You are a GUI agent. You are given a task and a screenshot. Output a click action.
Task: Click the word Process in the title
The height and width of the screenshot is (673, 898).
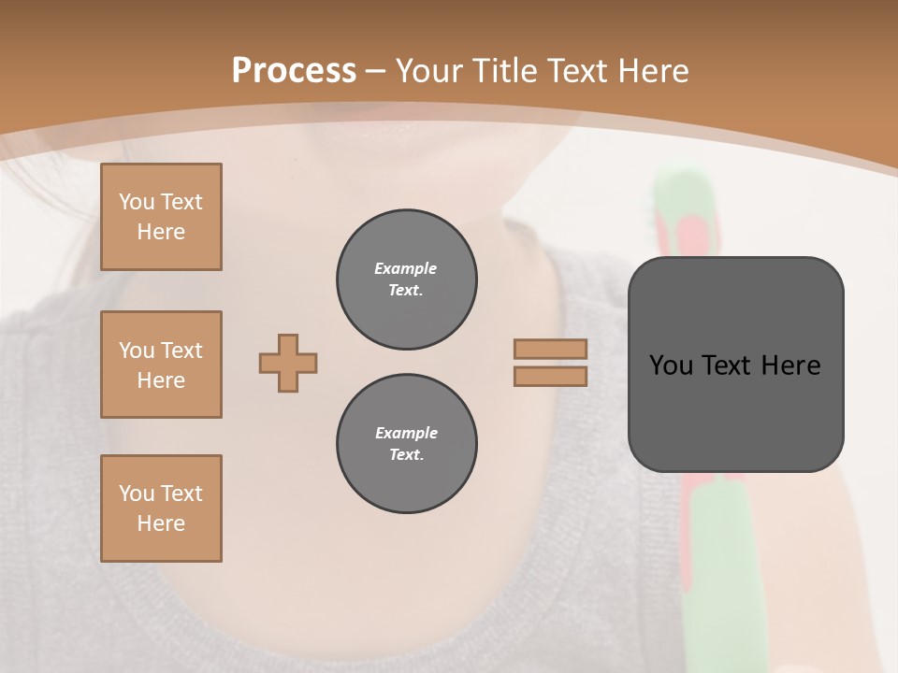(x=294, y=70)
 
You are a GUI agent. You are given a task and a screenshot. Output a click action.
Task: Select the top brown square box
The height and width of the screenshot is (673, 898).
(x=161, y=217)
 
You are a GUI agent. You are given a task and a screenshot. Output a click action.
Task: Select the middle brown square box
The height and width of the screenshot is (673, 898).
(x=161, y=365)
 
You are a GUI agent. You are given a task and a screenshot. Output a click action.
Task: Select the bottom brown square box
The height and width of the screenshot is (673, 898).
(x=161, y=508)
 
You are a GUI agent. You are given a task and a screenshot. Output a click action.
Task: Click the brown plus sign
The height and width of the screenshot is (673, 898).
(x=288, y=363)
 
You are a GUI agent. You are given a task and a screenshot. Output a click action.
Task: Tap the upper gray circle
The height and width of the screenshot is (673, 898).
(x=406, y=279)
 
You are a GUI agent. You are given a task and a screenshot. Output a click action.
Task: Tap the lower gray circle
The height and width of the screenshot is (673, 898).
(x=406, y=444)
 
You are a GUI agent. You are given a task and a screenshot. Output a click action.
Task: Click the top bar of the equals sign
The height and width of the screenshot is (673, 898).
(x=550, y=349)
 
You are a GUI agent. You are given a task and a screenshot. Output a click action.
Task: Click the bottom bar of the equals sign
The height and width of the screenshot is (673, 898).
(x=550, y=376)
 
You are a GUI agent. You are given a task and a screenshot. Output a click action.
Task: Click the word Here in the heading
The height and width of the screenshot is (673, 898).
(x=655, y=70)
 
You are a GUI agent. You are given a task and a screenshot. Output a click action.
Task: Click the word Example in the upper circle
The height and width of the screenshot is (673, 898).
(x=405, y=268)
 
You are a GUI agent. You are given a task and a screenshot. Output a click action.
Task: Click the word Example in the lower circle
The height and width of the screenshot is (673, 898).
(x=406, y=433)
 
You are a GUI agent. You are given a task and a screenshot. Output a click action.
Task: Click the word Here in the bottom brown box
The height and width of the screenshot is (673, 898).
(x=161, y=523)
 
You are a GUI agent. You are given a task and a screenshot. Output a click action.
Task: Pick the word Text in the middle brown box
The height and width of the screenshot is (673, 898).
(x=181, y=351)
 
